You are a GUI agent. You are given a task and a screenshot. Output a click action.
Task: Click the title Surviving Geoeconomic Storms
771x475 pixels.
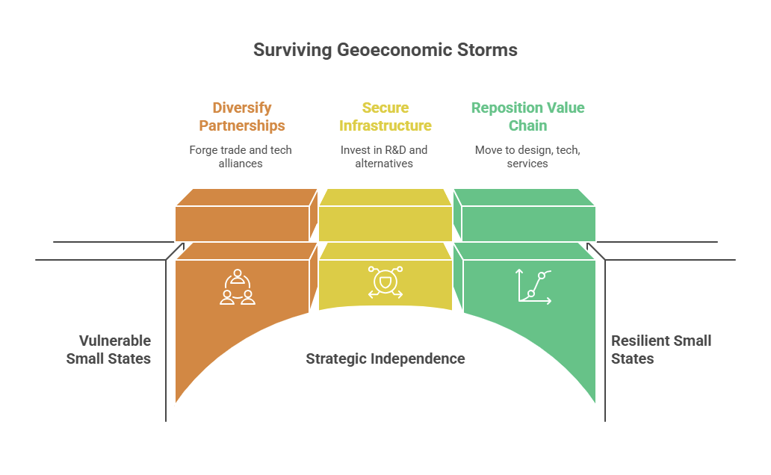click(385, 50)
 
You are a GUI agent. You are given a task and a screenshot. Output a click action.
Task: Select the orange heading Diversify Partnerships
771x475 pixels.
click(241, 117)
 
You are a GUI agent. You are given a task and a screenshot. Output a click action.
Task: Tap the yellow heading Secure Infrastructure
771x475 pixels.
click(385, 117)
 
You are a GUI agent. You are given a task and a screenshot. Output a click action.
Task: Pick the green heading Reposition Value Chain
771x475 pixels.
click(527, 117)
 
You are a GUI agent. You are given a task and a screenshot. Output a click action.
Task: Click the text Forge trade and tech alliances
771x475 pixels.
click(241, 156)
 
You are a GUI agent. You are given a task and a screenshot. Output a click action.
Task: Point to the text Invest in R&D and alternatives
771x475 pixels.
click(384, 156)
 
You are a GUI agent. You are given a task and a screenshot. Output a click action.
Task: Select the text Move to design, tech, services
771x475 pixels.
click(527, 156)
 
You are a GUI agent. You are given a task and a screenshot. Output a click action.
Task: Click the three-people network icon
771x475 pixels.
click(238, 287)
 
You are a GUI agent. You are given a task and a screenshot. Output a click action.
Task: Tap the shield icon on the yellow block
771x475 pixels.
click(385, 282)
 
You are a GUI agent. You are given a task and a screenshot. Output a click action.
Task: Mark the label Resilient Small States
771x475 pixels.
click(660, 350)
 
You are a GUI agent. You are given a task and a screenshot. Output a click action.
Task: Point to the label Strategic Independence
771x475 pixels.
click(385, 358)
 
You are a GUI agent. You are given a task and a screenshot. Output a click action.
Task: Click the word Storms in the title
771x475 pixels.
click(489, 50)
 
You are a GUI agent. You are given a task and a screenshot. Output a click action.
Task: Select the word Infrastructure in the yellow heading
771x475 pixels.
click(385, 125)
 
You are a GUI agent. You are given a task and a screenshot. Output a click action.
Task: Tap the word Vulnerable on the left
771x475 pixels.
click(115, 341)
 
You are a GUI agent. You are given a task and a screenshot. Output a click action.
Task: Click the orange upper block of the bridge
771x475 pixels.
click(242, 223)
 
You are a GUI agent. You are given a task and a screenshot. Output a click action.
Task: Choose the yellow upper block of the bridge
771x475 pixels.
click(385, 223)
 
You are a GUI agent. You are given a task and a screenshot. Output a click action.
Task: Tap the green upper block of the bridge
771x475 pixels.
click(528, 223)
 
